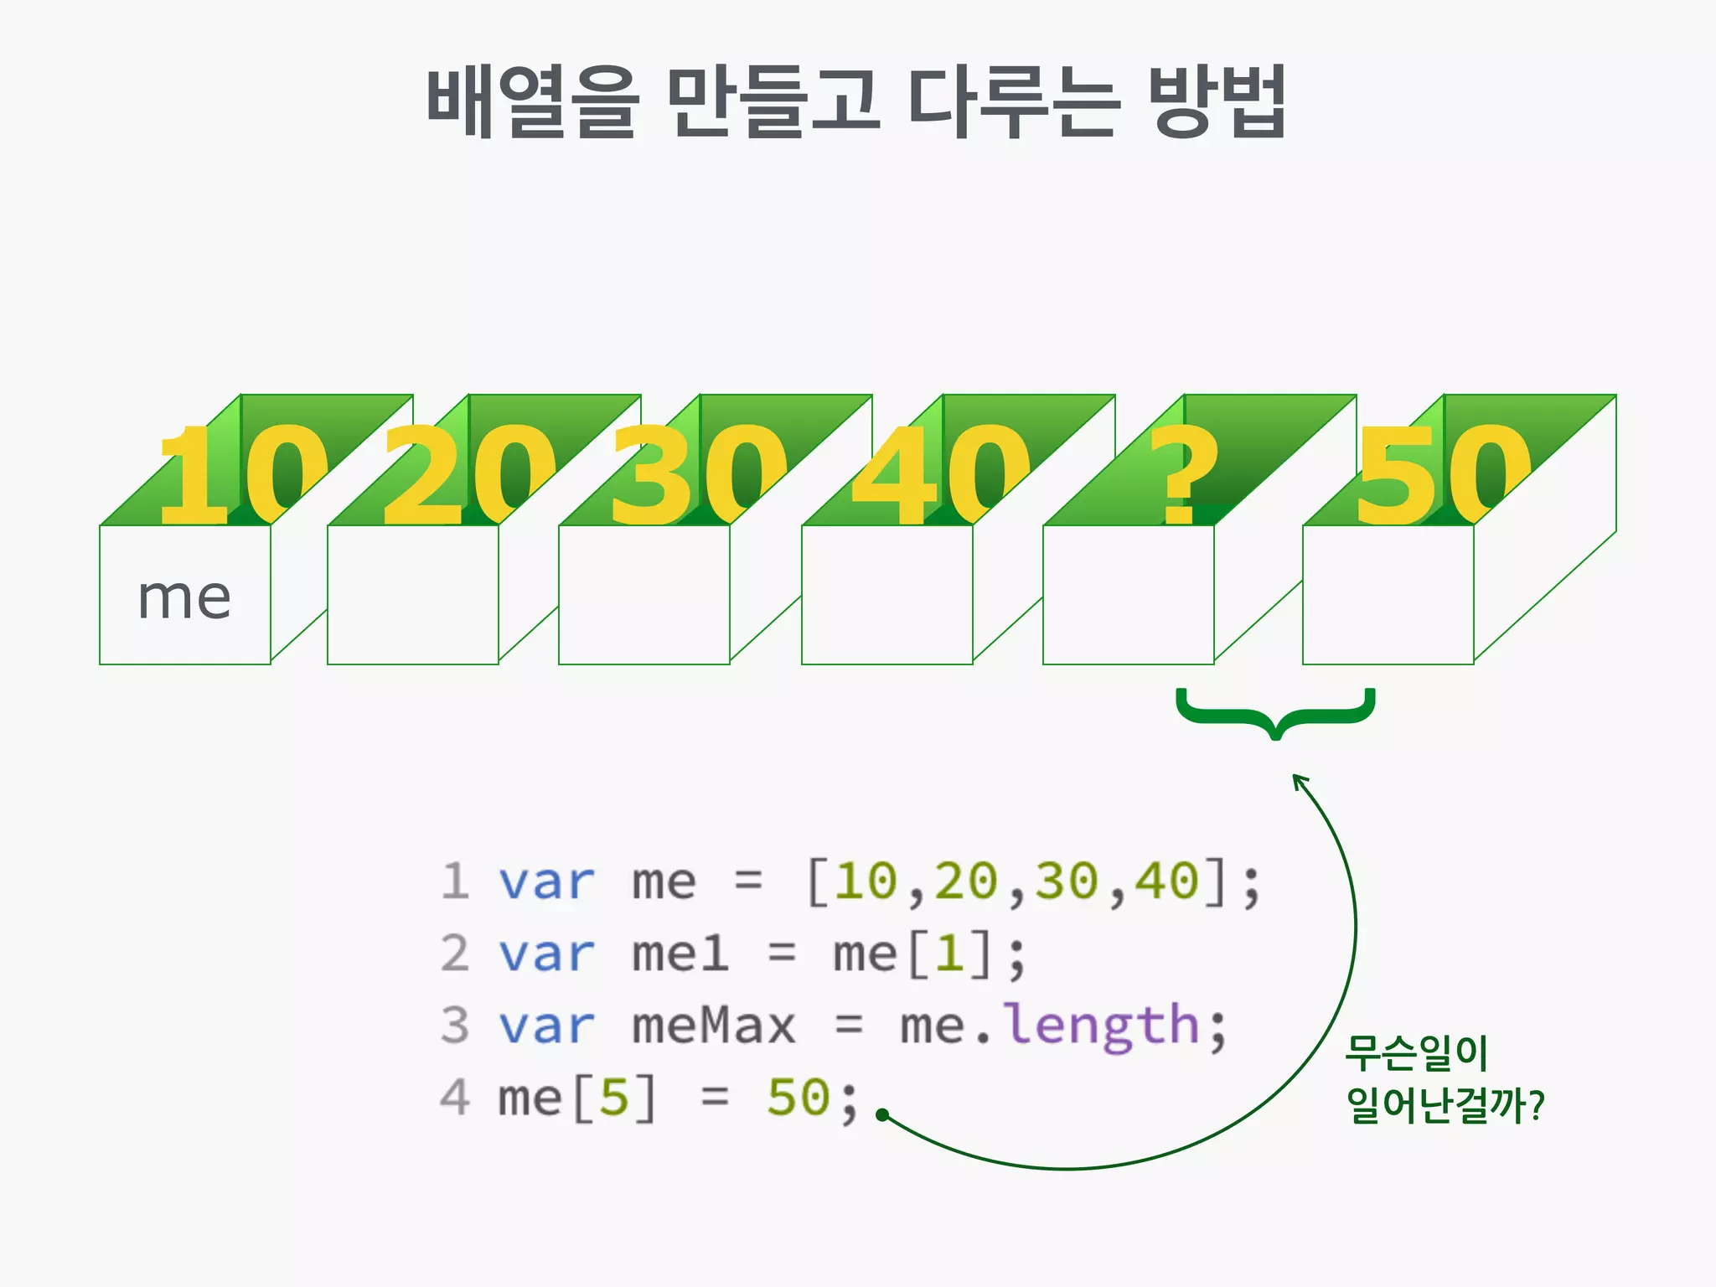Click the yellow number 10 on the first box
click(x=241, y=474)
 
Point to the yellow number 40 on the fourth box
click(x=940, y=474)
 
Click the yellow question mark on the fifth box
click(x=1182, y=474)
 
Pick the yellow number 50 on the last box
click(x=1443, y=474)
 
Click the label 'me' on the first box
click(x=184, y=598)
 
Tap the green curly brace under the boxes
click(x=1275, y=712)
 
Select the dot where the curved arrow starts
click(x=881, y=1114)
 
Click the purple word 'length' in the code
click(x=1103, y=1026)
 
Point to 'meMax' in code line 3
click(x=713, y=1026)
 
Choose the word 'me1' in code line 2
click(x=680, y=954)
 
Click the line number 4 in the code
click(x=455, y=1098)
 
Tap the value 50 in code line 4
click(x=798, y=1098)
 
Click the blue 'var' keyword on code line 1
click(x=546, y=882)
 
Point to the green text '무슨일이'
click(x=1416, y=1053)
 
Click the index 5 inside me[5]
click(x=614, y=1098)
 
